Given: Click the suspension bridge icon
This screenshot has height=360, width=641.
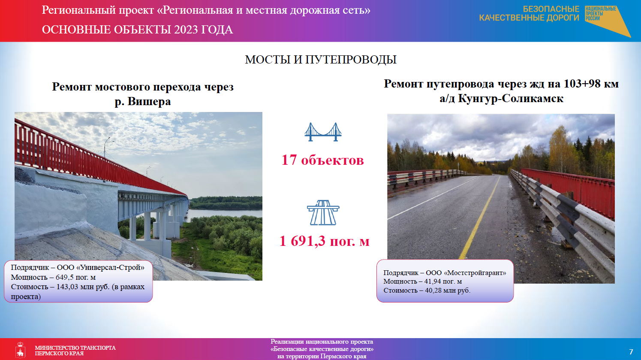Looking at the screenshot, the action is pos(323,132).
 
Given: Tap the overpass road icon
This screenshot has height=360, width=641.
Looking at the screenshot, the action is pos(323,212).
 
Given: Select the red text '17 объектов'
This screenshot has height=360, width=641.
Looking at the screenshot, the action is pos(323,160).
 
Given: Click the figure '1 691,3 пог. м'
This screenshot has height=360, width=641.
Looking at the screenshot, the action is pos(325,241).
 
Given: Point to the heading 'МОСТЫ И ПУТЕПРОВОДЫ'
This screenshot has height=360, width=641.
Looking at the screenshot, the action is pos(321,60).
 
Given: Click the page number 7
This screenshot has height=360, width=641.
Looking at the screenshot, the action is pos(631,352).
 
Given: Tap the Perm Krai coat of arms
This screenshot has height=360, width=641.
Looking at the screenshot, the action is pos(20,350).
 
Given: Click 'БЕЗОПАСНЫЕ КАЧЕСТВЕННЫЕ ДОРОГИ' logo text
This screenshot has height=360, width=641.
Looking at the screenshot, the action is pos(529,13).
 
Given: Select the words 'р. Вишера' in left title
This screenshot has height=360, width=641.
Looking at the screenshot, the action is pos(143,101).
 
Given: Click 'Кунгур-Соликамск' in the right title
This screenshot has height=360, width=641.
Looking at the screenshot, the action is pos(511,99).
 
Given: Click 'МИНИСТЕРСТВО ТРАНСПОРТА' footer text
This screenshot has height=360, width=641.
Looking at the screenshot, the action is pos(75,348).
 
